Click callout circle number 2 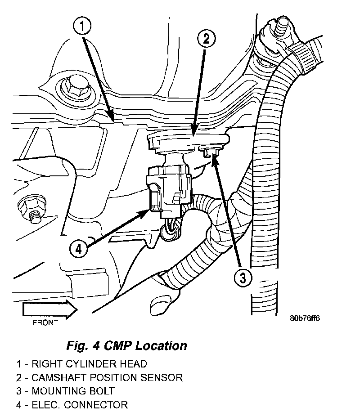coord(206,40)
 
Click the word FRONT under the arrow coord(45,322)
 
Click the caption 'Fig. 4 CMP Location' coord(126,345)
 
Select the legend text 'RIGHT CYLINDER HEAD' coord(89,363)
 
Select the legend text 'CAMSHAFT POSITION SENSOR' coord(107,377)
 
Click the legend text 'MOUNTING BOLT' coord(73,391)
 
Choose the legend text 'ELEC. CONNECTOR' coord(80,405)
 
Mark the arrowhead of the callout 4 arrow coord(147,211)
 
